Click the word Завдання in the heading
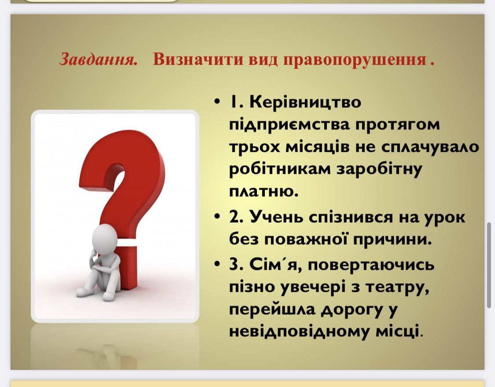(x=98, y=59)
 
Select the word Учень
(x=276, y=217)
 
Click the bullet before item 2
(x=216, y=217)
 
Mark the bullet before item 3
(x=216, y=263)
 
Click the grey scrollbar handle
(x=489, y=265)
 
